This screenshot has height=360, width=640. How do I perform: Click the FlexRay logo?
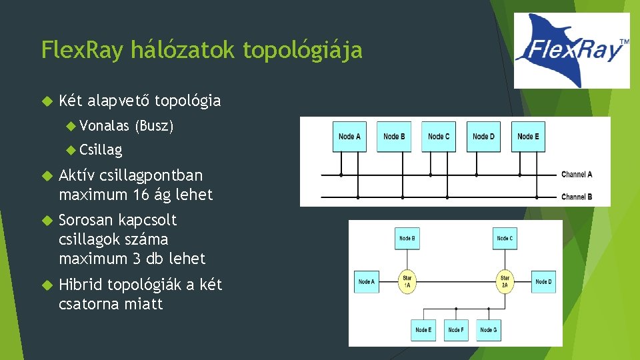pos(572,51)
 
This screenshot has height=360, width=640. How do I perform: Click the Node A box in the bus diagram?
pos(349,137)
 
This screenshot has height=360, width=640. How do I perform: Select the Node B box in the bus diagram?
pos(395,137)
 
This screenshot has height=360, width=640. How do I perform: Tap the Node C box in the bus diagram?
pos(439,137)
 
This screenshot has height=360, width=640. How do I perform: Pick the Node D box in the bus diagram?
pos(483,137)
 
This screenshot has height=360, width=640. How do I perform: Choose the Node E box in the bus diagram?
pos(528,137)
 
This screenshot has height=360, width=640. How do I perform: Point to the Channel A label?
pos(577,175)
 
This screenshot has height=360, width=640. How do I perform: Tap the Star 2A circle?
pos(505,281)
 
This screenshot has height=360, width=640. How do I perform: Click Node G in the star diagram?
pos(488,330)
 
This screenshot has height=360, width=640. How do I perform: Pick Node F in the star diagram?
pos(455,330)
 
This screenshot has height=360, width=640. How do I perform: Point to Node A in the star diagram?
pos(366,281)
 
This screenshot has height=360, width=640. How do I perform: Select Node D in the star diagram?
pos(543,281)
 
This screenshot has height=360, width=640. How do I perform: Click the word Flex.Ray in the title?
pos(83,50)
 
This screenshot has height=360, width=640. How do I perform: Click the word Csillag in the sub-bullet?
pos(100,150)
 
